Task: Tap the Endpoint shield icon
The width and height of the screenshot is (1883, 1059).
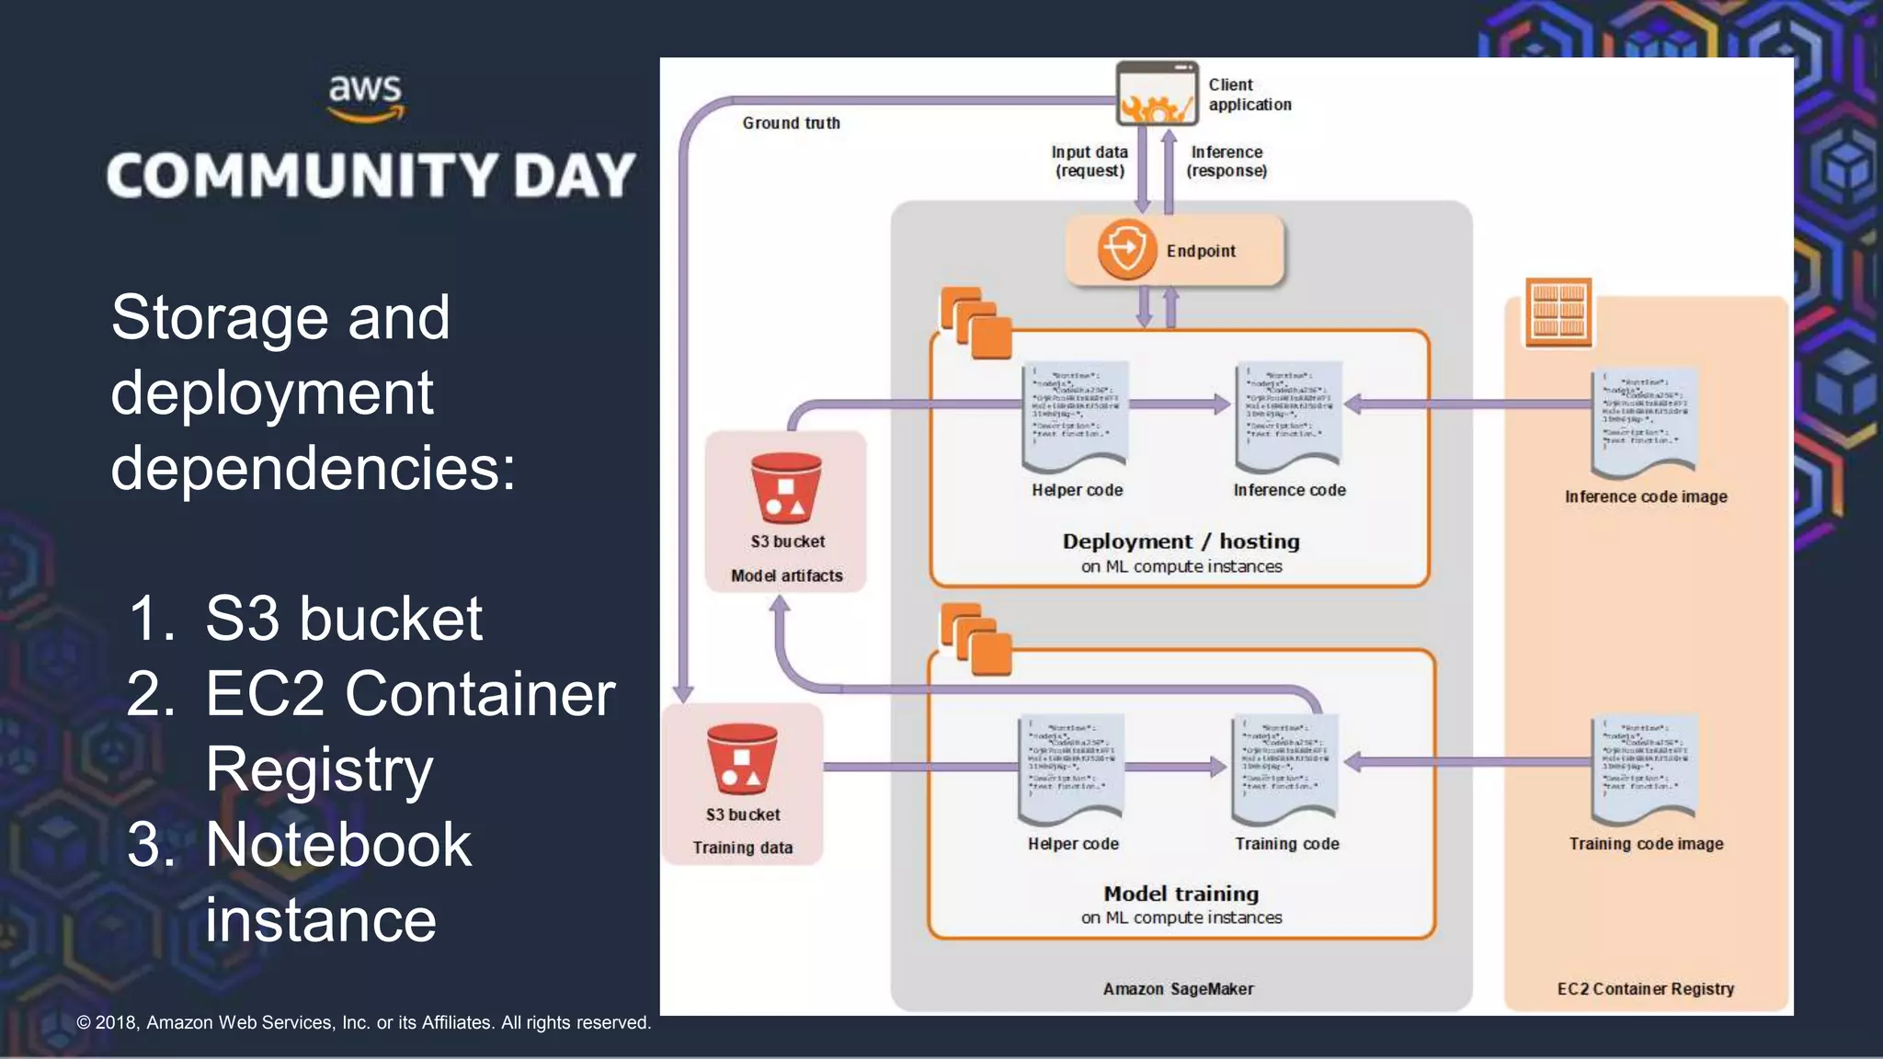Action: [1126, 249]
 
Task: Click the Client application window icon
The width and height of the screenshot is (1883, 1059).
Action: [1157, 94]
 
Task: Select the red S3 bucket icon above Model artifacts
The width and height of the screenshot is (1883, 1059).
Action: [785, 487]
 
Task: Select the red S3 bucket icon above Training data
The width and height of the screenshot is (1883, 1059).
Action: [742, 759]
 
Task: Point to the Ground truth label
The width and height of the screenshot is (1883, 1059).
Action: [791, 123]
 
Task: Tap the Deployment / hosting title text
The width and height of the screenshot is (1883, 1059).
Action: [1181, 541]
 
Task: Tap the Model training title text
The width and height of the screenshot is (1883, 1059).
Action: [1181, 894]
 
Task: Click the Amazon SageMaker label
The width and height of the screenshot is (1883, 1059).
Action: [1178, 989]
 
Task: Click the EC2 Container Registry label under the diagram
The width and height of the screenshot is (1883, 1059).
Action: [1645, 989]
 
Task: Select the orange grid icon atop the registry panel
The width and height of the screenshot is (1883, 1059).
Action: [1558, 313]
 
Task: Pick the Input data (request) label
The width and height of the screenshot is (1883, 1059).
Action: [1090, 161]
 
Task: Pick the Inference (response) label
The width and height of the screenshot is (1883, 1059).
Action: [1227, 161]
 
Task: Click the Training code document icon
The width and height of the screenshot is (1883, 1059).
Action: [1285, 769]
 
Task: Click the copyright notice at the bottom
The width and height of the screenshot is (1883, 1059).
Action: [363, 1022]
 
